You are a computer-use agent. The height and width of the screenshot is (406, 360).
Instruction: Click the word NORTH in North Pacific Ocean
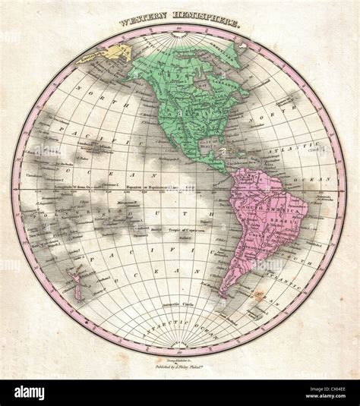point(72,107)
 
